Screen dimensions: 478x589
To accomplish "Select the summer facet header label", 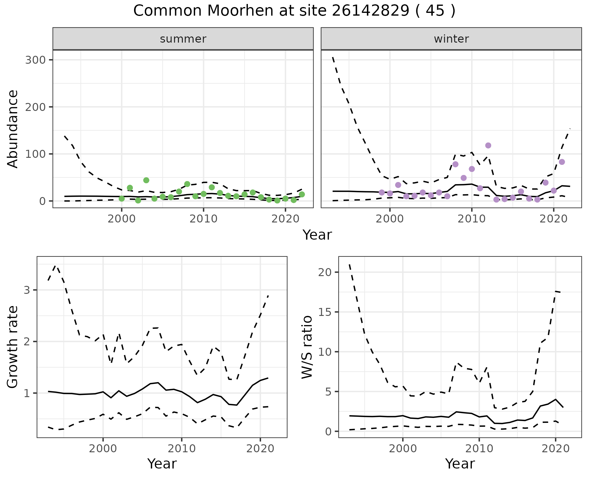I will click(183, 39).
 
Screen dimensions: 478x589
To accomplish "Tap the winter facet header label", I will click(451, 39).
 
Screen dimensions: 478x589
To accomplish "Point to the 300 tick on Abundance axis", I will click(35, 60).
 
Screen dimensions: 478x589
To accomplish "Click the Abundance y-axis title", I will click(13, 129).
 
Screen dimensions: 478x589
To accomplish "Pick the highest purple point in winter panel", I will click(488, 146).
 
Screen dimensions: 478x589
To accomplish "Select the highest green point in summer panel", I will click(146, 180).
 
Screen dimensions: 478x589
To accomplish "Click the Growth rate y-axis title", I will click(13, 347).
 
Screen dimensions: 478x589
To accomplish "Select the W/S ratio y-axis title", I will click(307, 347).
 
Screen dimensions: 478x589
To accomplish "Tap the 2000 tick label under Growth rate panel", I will click(103, 449).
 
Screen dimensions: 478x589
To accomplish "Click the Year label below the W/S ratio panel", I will click(460, 464).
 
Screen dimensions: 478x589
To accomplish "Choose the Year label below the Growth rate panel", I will click(162, 464).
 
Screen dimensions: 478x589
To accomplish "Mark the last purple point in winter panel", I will click(562, 162).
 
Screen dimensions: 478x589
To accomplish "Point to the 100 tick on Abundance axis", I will click(35, 154).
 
